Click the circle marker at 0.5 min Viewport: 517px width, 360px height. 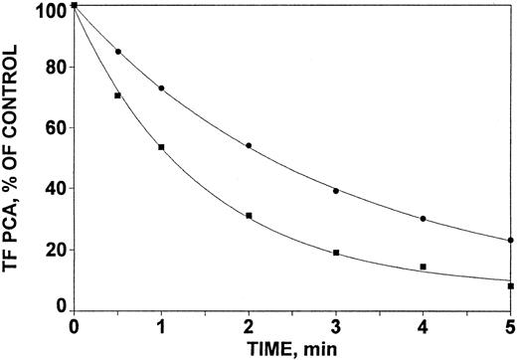pyautogui.click(x=118, y=52)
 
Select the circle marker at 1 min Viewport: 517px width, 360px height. pyautogui.click(x=161, y=89)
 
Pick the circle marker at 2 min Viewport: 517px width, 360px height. pyautogui.click(x=249, y=146)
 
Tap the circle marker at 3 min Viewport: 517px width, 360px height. pyautogui.click(x=336, y=191)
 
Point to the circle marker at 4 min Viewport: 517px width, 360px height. pyautogui.click(x=424, y=219)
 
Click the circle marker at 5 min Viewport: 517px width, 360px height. pyautogui.click(x=510, y=240)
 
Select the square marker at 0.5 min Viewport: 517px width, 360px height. pyautogui.click(x=117, y=95)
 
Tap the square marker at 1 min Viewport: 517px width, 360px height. pyautogui.click(x=161, y=147)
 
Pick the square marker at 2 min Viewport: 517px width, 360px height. pyautogui.click(x=249, y=216)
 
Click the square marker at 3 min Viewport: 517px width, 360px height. pyautogui.click(x=336, y=253)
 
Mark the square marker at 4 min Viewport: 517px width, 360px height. pyautogui.click(x=424, y=267)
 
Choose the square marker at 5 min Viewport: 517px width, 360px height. pyautogui.click(x=510, y=286)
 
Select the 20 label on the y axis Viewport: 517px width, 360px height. pyautogui.click(x=56, y=249)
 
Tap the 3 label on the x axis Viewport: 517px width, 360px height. pyautogui.click(x=336, y=326)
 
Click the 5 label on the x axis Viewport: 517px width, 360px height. pyautogui.click(x=510, y=326)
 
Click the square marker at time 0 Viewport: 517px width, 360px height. pyautogui.click(x=75, y=7)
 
